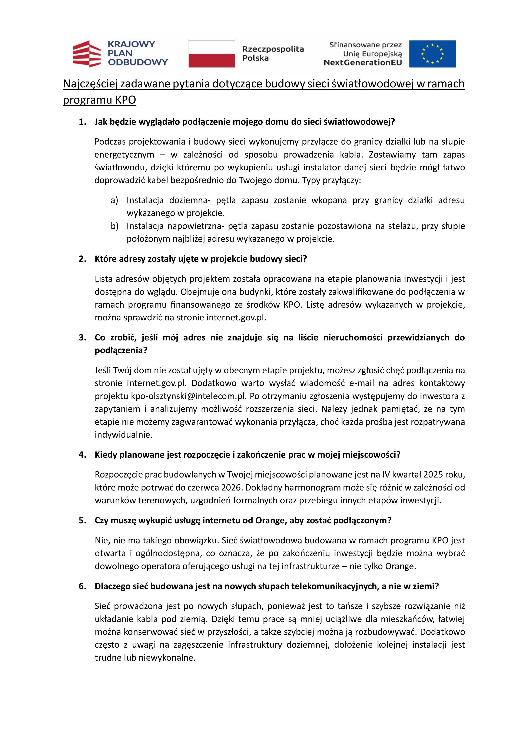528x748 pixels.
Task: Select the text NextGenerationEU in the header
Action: tap(363, 62)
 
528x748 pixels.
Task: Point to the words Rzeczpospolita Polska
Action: tap(273, 54)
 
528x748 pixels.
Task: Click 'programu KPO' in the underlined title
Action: tap(99, 100)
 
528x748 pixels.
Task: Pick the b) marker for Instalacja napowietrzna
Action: tap(114, 226)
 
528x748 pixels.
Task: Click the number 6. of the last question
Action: tap(83, 586)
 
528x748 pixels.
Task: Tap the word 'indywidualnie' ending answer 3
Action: tap(123, 435)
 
